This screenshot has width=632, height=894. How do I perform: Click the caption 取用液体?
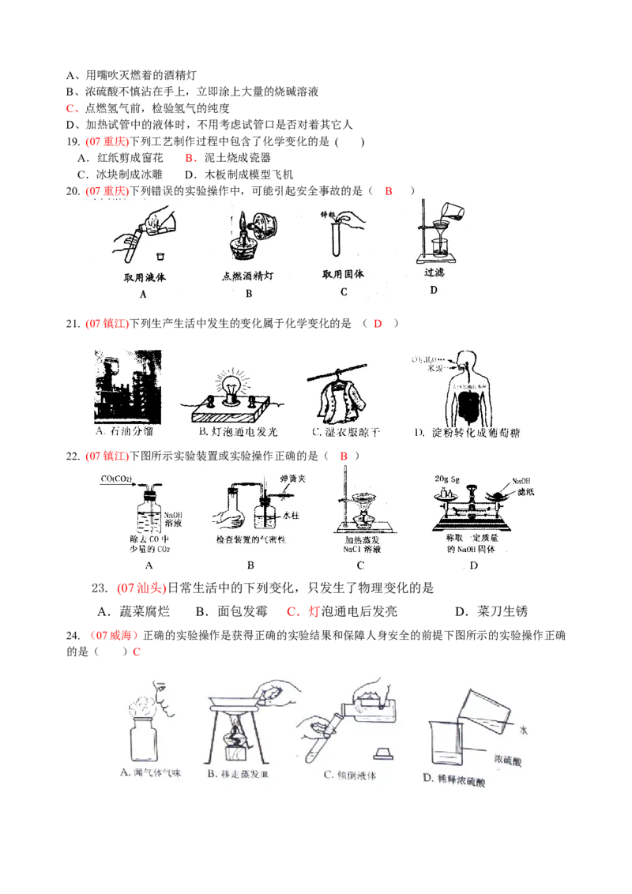145,278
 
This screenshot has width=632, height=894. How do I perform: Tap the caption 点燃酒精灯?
248,277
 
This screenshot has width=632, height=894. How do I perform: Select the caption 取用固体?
343,275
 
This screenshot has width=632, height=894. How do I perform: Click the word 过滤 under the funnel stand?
434,272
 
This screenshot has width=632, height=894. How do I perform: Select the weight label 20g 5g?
447,479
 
